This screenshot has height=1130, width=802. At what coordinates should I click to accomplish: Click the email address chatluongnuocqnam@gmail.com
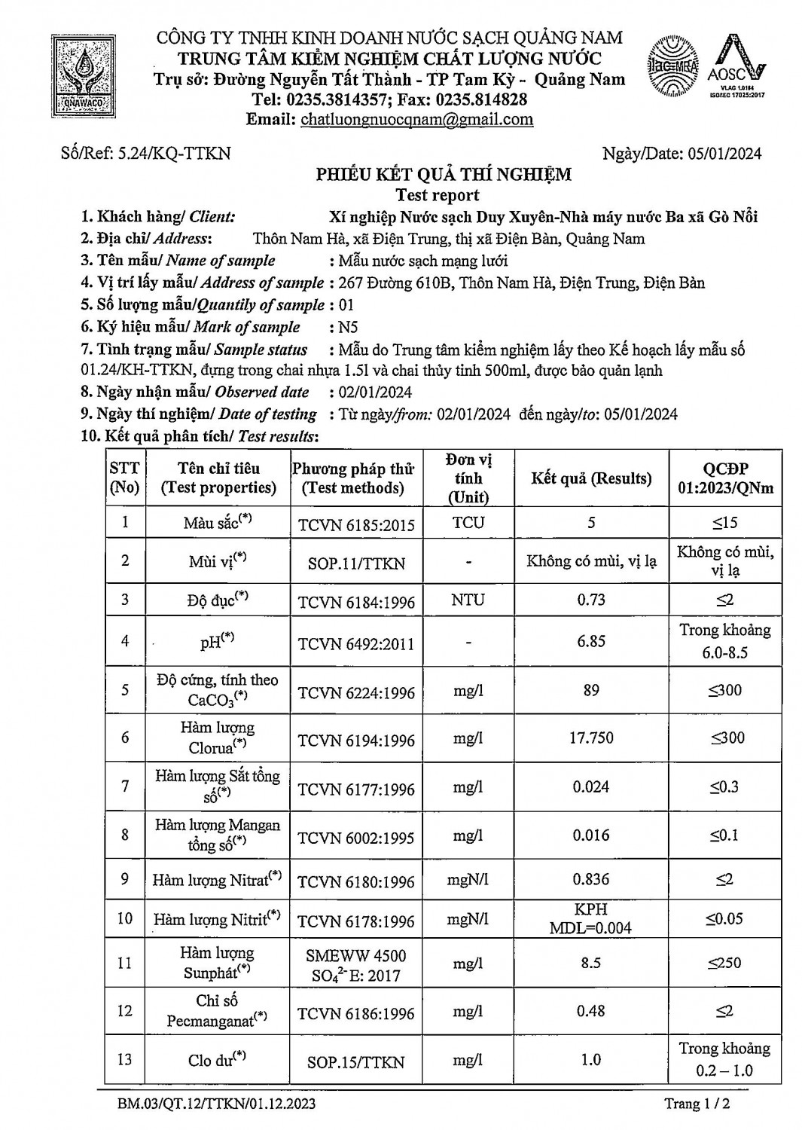416,119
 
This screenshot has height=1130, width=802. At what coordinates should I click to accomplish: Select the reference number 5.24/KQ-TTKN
175,154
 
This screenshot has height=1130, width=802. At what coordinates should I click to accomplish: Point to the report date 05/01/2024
724,154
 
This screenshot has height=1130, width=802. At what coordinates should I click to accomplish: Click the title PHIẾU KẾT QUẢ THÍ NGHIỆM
444,175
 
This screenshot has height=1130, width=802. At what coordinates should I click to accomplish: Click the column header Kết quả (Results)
591,478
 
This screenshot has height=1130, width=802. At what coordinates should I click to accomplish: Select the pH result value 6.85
591,641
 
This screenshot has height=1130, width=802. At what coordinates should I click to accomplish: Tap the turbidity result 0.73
591,600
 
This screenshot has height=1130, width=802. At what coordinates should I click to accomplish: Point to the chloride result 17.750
591,738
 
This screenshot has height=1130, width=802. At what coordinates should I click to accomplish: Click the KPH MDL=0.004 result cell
591,918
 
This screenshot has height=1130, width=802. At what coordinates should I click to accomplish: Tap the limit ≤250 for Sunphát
724,963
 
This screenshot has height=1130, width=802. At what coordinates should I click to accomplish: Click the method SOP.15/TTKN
356,1062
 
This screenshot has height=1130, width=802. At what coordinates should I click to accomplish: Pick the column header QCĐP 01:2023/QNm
724,478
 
